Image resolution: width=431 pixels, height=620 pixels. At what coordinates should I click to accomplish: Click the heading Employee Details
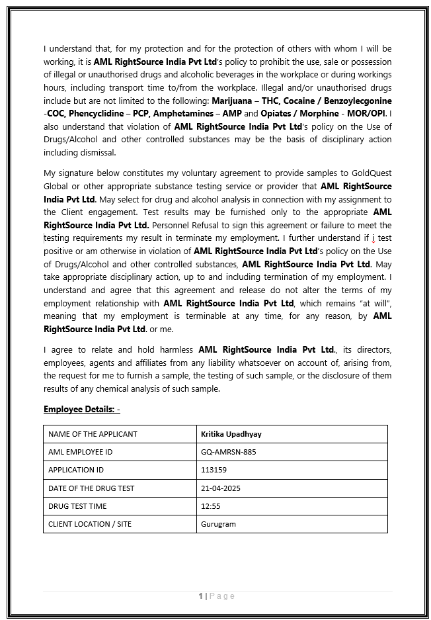pos(81,409)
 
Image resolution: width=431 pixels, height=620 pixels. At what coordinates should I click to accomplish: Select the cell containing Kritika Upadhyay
pos(231,434)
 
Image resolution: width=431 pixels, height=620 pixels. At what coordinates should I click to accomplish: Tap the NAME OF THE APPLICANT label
pos(93,434)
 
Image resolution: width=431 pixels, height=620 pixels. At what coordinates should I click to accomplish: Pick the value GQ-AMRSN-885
pos(228,452)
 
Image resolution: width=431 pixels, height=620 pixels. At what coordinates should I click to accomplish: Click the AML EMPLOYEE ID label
pos(80,452)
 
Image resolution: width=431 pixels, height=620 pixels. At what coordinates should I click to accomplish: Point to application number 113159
pos(214,470)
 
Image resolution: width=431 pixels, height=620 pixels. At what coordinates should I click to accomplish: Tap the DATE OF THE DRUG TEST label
pos(91,488)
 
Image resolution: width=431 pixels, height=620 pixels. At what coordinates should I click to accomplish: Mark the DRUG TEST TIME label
pos(77,506)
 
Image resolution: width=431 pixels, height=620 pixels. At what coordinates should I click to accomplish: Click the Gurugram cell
pos(218,524)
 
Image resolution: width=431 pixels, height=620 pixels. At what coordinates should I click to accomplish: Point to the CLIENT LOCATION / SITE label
pos(90,524)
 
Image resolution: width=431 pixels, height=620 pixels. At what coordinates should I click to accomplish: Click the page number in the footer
pos(201,596)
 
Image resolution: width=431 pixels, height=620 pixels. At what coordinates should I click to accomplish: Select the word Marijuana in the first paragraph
pos(231,101)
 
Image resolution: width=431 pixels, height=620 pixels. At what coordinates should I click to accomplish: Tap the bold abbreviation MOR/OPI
pos(370,113)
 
